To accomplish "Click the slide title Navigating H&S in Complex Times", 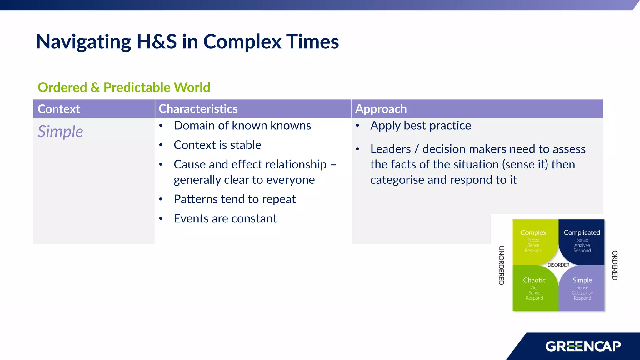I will tap(187, 42).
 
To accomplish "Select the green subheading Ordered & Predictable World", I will tap(124, 87).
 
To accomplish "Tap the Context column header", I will tap(59, 109).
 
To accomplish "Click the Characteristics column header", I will tap(198, 108).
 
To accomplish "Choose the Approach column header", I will tap(381, 108).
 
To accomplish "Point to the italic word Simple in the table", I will tap(60, 131).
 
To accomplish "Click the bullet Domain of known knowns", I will tap(242, 125).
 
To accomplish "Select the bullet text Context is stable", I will tap(217, 145).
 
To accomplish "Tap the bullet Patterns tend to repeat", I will tap(234, 199).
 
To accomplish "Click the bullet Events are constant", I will tap(225, 218).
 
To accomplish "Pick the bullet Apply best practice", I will tap(420, 125).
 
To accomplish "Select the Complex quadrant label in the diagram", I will tap(533, 232).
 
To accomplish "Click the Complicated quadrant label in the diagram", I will tap(582, 232).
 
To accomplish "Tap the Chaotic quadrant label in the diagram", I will tap(534, 280).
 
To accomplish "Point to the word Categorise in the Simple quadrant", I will tap(582, 293).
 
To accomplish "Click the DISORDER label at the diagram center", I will tap(558, 265).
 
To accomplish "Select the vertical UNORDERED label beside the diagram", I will tap(501, 265).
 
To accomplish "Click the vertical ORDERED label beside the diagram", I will tap(615, 265).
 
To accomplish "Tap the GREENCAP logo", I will tap(583, 346).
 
